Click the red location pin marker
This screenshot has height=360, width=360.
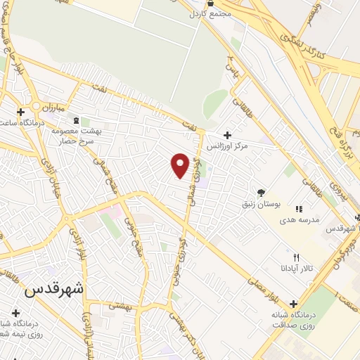coord(180,165)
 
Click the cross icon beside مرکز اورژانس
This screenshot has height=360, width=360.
coord(226,135)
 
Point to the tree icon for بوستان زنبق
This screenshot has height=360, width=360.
coord(261,192)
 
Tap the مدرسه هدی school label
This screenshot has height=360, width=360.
coord(300,219)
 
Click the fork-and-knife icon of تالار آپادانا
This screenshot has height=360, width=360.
coord(295,257)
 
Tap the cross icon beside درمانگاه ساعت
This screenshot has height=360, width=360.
coord(21,111)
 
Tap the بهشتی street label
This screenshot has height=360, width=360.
coord(122,305)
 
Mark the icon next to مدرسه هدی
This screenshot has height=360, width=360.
coord(298,209)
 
